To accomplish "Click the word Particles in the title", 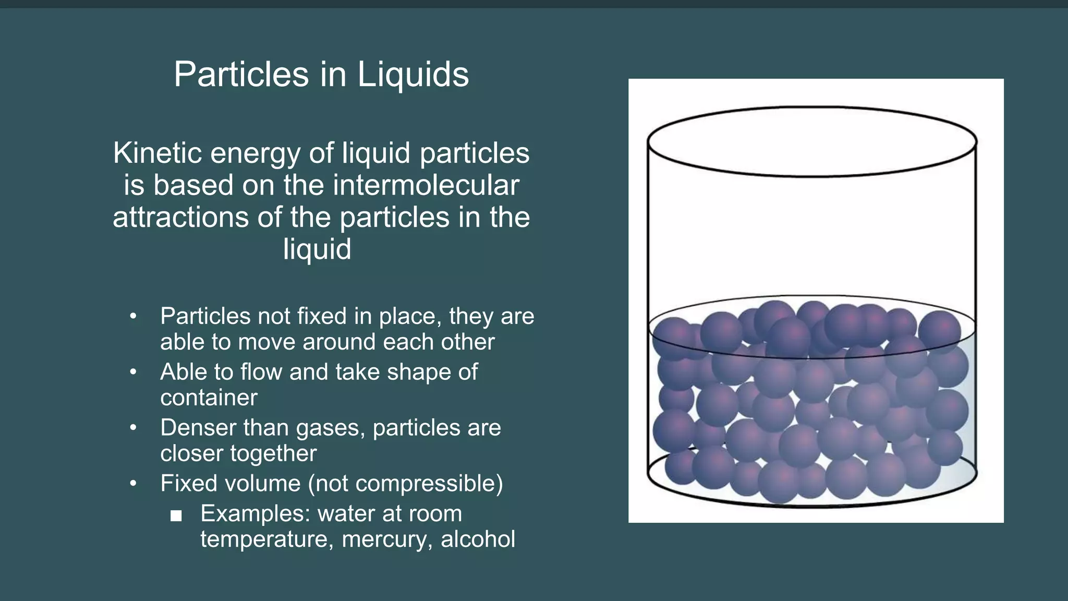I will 241,74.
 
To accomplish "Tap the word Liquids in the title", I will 413,74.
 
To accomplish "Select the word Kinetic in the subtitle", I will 157,153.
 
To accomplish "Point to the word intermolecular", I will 426,185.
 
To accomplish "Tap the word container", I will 209,398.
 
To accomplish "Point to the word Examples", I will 255,513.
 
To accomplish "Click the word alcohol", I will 478,539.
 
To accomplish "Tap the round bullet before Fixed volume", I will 133,484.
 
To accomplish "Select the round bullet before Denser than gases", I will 133,428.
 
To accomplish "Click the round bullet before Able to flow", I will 133,372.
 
